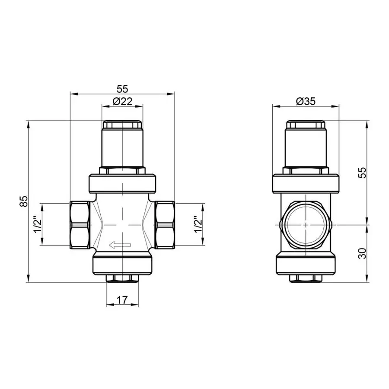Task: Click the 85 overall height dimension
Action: coord(25,201)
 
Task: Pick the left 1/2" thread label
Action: coord(38,224)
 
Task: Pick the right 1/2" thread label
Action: coord(198,224)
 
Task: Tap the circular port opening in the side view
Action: coord(306,225)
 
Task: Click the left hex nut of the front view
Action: coord(80,224)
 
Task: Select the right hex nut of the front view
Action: coord(164,224)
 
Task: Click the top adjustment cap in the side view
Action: coord(306,125)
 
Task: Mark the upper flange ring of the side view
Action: coord(306,183)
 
